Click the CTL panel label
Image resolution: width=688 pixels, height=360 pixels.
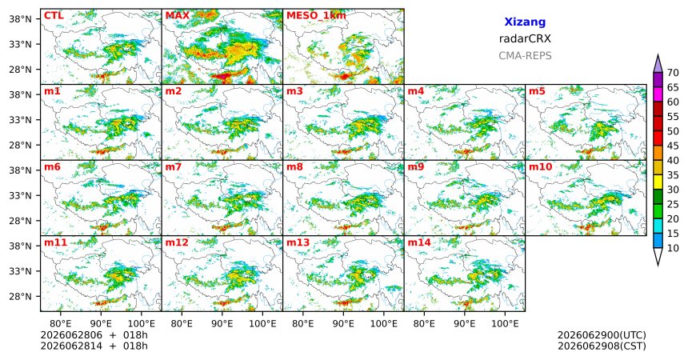coord(54,16)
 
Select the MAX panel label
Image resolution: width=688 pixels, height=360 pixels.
coord(178,16)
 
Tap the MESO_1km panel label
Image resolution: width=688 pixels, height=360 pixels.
coord(316,16)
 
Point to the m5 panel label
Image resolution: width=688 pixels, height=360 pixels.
coord(537,91)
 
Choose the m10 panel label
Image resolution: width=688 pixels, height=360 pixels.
coord(540,167)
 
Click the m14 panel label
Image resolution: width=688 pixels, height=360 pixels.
coord(419,242)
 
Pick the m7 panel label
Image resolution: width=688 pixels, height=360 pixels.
coord(174,167)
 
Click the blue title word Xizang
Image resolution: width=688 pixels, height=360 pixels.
coord(525,22)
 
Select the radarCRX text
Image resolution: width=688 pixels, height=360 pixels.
coord(525,38)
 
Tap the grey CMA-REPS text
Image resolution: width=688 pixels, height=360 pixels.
coord(525,56)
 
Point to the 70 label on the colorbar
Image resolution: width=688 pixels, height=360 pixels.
coord(673,73)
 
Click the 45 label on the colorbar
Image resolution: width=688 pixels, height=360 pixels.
coord(673,146)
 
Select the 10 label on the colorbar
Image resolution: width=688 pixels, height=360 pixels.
coord(673,248)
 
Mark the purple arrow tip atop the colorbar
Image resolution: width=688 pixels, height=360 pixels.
coord(658,55)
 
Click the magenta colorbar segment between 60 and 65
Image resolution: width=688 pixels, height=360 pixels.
coord(658,94)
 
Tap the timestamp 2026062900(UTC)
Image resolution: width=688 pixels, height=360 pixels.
coord(602,335)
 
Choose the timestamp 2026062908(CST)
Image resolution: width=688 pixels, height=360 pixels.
coord(602,346)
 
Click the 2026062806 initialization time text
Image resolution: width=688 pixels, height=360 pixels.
coord(71,335)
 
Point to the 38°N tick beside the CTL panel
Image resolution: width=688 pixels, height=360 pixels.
coord(20,19)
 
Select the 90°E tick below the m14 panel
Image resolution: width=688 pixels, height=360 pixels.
coord(464,324)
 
